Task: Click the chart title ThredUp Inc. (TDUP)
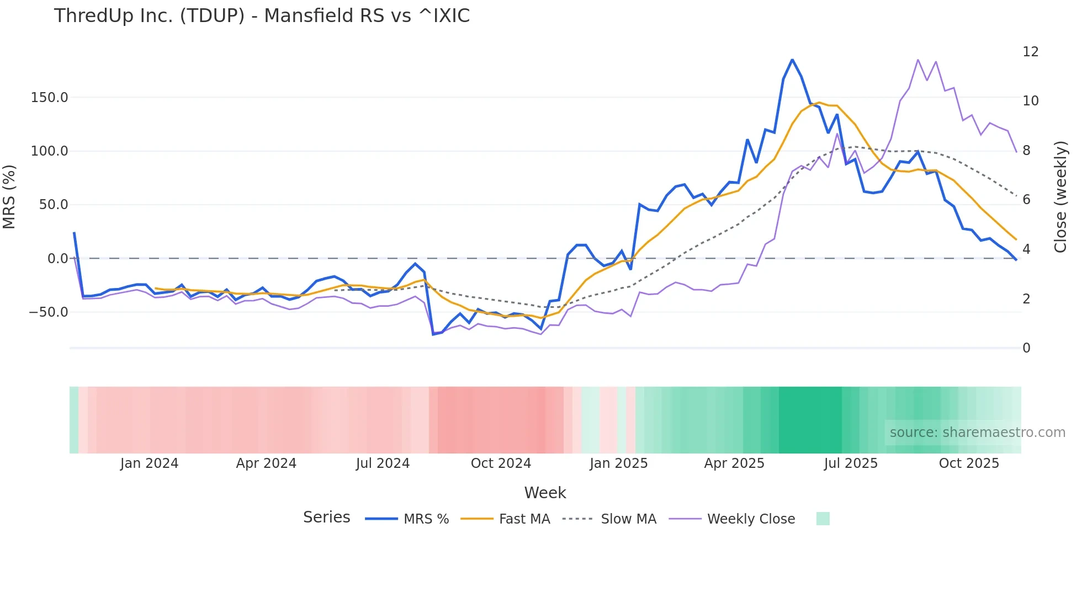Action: point(262,16)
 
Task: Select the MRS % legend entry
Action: point(407,519)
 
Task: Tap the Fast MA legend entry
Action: point(505,519)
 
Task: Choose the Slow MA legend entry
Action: point(609,519)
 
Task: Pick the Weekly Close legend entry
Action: point(732,519)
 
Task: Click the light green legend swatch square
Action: point(823,519)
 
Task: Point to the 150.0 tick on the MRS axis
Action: point(50,98)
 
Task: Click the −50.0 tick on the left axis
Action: point(49,312)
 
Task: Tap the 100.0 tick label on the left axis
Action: point(50,151)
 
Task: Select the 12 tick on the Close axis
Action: point(1030,52)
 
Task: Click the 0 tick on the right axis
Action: point(1026,348)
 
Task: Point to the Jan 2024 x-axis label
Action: point(149,463)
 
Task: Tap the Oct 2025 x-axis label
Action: point(969,463)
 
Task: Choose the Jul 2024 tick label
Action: point(383,463)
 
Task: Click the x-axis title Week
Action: point(545,493)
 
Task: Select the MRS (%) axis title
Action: point(9,196)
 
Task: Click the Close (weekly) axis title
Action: point(1060,196)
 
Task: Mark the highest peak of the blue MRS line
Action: point(792,60)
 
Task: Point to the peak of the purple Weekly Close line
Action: point(918,60)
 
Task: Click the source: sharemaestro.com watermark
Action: point(977,433)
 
